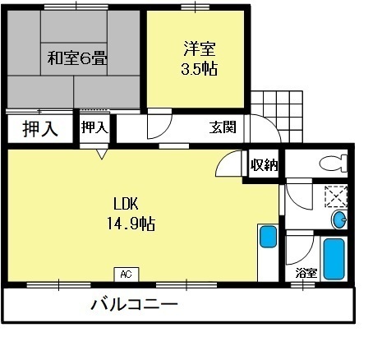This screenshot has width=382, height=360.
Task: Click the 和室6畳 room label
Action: (x=79, y=59)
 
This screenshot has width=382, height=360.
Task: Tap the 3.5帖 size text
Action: (x=199, y=69)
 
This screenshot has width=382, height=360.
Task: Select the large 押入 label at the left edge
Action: (x=39, y=129)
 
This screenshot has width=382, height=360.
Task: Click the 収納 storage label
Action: (x=264, y=164)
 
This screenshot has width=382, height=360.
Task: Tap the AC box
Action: (x=127, y=274)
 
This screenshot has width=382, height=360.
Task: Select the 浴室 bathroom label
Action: (x=306, y=272)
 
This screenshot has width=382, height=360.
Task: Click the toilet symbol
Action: (x=333, y=163)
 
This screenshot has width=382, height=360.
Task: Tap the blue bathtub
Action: (x=334, y=259)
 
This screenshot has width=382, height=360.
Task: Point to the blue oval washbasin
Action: (x=339, y=220)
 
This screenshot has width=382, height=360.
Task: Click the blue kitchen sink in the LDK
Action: (x=268, y=237)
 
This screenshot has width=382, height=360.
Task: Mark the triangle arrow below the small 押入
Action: (x=101, y=153)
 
